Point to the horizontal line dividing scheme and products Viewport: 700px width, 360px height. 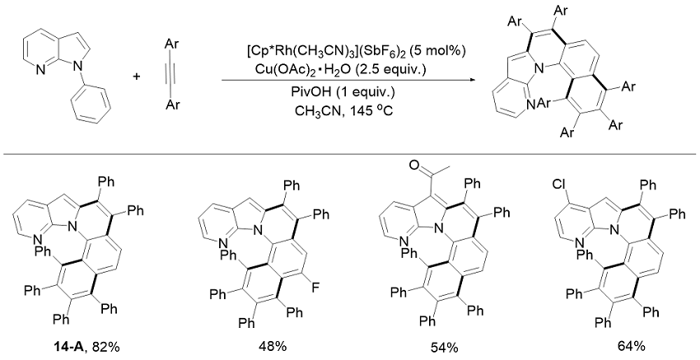click(350, 150)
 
